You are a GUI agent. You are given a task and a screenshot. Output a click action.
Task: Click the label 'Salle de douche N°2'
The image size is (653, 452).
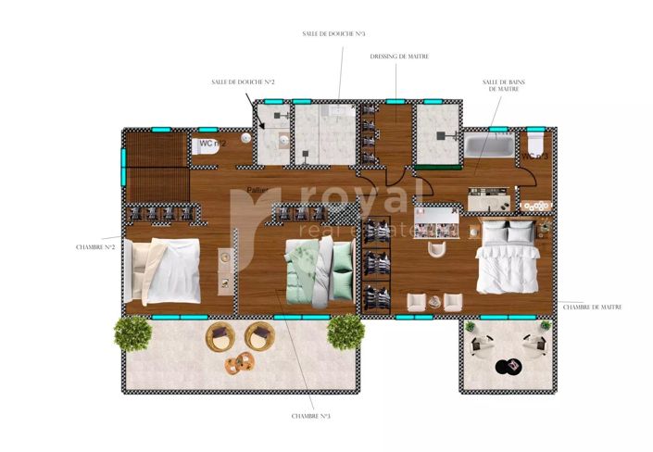click(x=243, y=82)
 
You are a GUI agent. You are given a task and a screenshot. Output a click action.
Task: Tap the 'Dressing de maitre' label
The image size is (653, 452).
click(x=398, y=56)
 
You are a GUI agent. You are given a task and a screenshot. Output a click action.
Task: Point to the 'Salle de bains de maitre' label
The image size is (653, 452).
click(x=501, y=85)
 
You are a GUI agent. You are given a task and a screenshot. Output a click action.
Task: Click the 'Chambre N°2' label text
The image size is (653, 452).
click(x=95, y=247)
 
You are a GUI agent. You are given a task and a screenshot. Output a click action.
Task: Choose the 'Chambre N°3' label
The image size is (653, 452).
click(x=310, y=416)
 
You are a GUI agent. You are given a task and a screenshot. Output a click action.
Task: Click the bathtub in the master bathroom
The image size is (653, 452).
click(x=489, y=146)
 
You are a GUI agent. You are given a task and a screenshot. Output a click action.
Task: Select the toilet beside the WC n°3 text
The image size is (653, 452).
click(x=535, y=144)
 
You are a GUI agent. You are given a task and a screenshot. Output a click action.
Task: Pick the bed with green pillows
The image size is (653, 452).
click(x=318, y=269)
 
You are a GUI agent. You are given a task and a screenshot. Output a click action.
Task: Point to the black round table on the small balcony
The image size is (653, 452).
click(x=508, y=366)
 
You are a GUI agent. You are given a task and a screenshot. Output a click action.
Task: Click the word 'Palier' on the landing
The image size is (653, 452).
click(x=258, y=191)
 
